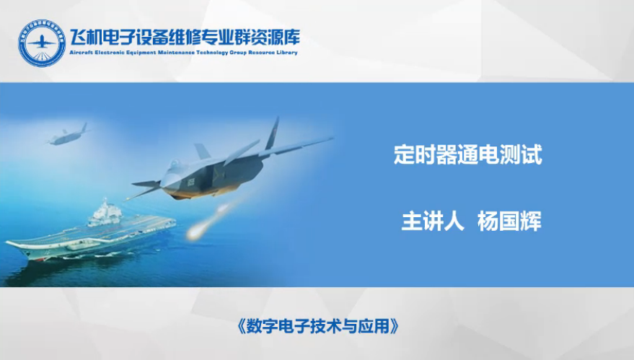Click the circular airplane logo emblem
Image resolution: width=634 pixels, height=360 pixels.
[42, 43]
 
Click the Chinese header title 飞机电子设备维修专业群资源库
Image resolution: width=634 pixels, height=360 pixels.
[185, 38]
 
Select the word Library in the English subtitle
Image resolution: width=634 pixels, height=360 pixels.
[287, 53]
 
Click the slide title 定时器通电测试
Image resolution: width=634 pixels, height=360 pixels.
[468, 154]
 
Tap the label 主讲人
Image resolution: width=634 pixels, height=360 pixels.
[432, 221]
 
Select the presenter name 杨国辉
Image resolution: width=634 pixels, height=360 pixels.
[509, 221]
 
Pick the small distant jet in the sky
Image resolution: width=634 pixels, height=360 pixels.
[68, 136]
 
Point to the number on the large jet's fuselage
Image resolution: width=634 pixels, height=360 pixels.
[191, 182]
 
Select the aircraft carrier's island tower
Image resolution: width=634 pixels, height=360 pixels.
[105, 212]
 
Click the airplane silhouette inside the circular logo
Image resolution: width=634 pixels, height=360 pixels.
[41, 41]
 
